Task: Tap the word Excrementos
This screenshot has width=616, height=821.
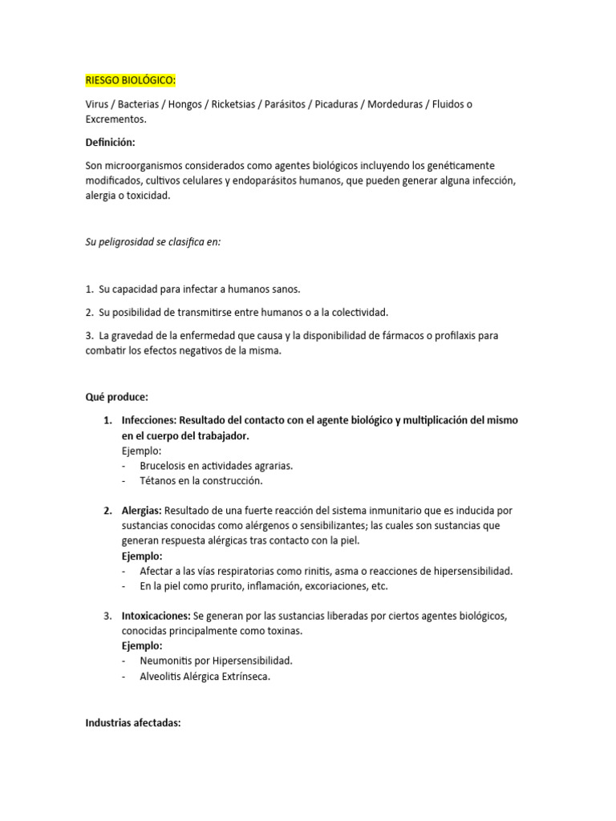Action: (115, 119)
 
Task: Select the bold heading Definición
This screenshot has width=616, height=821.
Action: (111, 143)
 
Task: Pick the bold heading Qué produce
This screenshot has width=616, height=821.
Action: (117, 397)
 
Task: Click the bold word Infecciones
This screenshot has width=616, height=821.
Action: (148, 420)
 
